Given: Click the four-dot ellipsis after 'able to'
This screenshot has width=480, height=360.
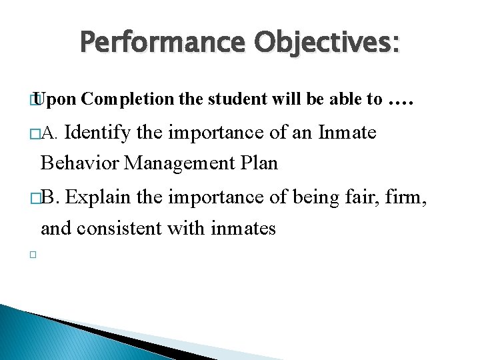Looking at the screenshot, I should click(x=401, y=101).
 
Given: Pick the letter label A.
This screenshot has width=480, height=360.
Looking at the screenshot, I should click(x=51, y=134).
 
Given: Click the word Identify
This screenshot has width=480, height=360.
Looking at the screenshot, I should click(x=99, y=133).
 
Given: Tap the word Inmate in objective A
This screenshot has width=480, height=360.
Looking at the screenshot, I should click(x=347, y=133).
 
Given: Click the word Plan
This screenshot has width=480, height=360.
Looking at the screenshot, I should click(x=257, y=162).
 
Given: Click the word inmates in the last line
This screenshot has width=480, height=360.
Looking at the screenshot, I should click(x=243, y=228).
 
